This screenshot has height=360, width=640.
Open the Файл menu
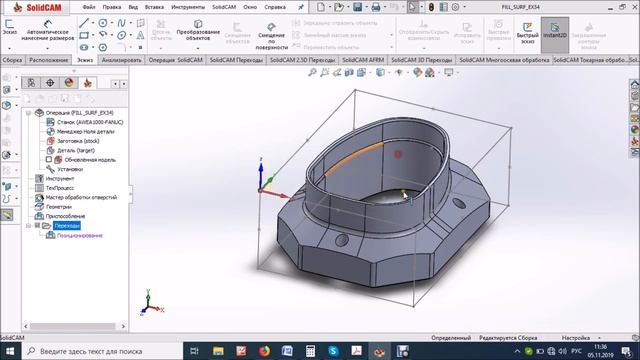pos(90,6)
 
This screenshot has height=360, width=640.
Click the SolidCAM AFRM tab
pos(363,59)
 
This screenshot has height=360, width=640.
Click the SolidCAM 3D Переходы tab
pos(422,59)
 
